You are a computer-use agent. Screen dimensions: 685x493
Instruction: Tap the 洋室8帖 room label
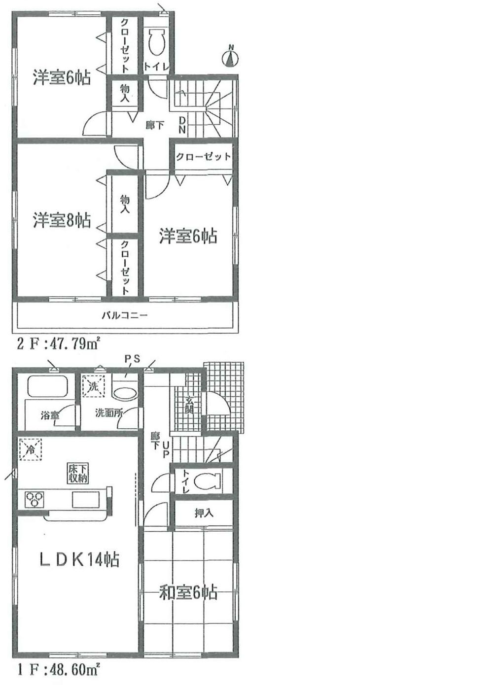[x=62, y=221]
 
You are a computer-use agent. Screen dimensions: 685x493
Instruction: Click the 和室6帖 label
[x=188, y=592]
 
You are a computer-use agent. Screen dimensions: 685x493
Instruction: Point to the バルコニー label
[x=125, y=315]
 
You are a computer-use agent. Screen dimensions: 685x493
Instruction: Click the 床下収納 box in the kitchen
[x=78, y=474]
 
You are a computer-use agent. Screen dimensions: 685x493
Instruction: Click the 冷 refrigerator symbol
[x=30, y=449]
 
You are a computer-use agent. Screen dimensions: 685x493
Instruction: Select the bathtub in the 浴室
[x=47, y=386]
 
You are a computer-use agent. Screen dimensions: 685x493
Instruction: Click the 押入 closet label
[x=204, y=513]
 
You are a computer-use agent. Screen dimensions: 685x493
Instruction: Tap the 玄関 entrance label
[x=190, y=405]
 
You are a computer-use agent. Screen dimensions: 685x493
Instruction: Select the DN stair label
[x=182, y=125]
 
